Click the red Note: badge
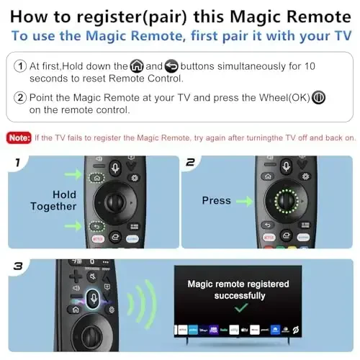(x=19, y=138)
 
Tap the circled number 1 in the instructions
(x=20, y=66)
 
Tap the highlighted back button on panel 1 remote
(x=94, y=225)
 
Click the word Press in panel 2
(x=216, y=201)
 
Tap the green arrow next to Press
(x=248, y=201)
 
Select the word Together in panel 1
(x=53, y=207)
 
